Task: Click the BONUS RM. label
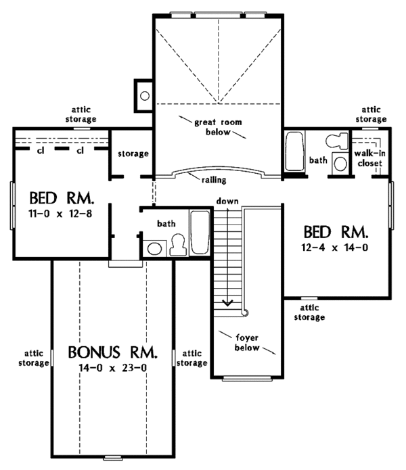click(113, 352)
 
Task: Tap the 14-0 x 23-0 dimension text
click(113, 368)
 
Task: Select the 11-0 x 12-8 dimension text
click(60, 214)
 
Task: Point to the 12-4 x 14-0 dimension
click(335, 248)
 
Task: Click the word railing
click(214, 180)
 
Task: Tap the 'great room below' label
click(218, 127)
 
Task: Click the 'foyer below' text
click(247, 343)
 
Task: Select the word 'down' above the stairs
click(227, 201)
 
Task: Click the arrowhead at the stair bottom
click(228, 303)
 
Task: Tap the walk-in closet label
click(369, 158)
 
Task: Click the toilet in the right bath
click(337, 141)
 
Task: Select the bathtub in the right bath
click(295, 151)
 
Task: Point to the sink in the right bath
click(340, 164)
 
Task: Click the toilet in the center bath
click(179, 245)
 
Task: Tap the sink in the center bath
click(154, 248)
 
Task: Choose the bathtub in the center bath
click(200, 233)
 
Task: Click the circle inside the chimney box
click(145, 96)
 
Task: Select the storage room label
click(133, 154)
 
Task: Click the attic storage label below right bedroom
click(309, 312)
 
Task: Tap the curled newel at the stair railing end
click(246, 313)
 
